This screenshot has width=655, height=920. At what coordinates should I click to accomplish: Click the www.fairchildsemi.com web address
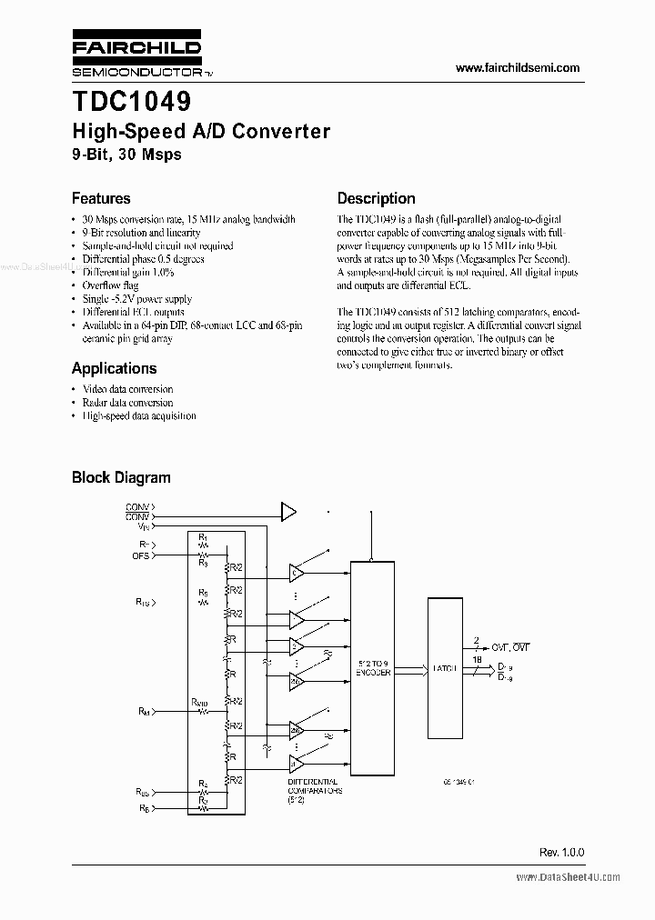(517, 68)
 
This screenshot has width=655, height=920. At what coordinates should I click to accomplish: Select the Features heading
(101, 198)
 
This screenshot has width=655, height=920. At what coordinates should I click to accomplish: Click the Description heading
(376, 198)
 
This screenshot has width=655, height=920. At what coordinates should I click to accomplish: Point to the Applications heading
(114, 368)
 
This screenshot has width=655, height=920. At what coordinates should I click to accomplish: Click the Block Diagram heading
(121, 477)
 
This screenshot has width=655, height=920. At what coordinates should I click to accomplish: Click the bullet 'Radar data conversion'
(127, 403)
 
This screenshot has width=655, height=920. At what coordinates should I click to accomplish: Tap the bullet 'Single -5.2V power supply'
(137, 299)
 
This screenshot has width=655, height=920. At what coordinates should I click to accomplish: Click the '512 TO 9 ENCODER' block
(373, 668)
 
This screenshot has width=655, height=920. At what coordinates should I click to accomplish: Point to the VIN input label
(145, 526)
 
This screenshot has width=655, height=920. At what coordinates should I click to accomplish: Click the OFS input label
(142, 555)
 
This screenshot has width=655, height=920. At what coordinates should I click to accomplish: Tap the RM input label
(144, 711)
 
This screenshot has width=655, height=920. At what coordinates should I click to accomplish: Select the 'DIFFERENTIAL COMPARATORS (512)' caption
(313, 791)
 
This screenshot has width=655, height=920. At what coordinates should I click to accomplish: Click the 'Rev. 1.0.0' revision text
(561, 853)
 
